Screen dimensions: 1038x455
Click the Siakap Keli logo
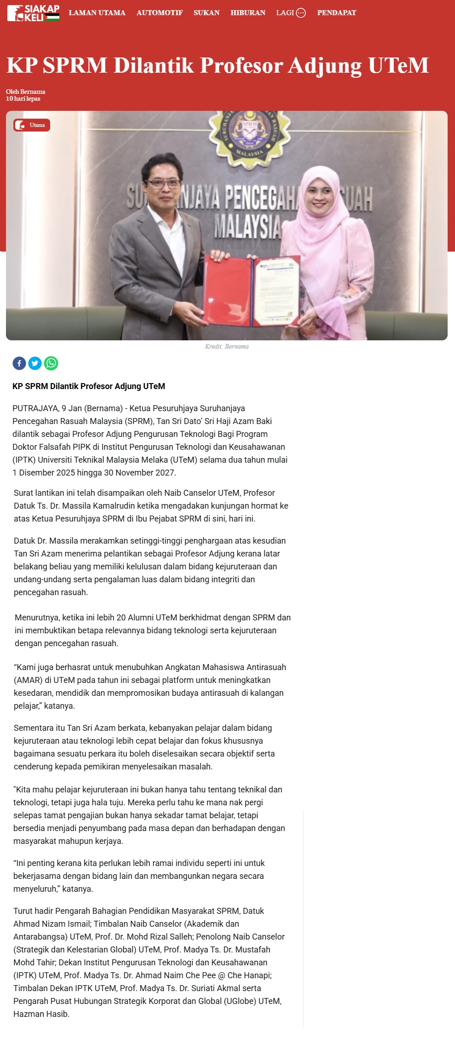pyautogui.click(x=33, y=13)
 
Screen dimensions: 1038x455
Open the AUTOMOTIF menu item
pyautogui.click(x=159, y=13)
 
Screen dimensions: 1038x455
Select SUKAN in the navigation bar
pyautogui.click(x=206, y=13)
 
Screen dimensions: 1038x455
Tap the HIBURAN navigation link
pyautogui.click(x=248, y=13)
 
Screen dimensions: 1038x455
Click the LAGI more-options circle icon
pyautogui.click(x=301, y=13)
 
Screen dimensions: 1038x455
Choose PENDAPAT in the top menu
pyautogui.click(x=336, y=13)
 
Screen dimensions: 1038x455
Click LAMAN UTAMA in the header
pyautogui.click(x=97, y=13)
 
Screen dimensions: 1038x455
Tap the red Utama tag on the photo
pyautogui.click(x=32, y=125)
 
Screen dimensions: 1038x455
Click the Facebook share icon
pyautogui.click(x=19, y=363)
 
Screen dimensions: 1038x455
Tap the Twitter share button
pyautogui.click(x=35, y=363)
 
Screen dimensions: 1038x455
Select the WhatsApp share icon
pyautogui.click(x=51, y=363)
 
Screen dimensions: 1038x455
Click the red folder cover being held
pyautogui.click(x=227, y=290)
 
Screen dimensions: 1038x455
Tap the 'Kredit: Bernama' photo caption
pyautogui.click(x=227, y=346)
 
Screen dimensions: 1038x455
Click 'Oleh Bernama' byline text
pyautogui.click(x=26, y=92)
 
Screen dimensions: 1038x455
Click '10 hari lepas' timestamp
pyautogui.click(x=23, y=99)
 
